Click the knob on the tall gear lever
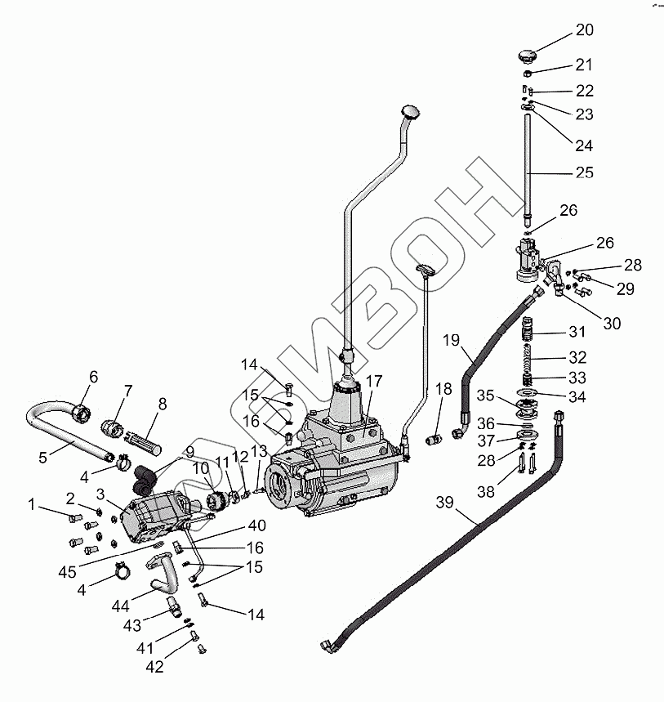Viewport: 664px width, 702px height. pos(410,110)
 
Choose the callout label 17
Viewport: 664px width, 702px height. pos(374,381)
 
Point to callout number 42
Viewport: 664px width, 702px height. pos(154,667)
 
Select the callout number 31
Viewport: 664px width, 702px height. pos(577,333)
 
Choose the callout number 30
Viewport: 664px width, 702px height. pos(612,324)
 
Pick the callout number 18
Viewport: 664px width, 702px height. pos(443,389)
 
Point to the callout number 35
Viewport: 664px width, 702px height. pos(485,396)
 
